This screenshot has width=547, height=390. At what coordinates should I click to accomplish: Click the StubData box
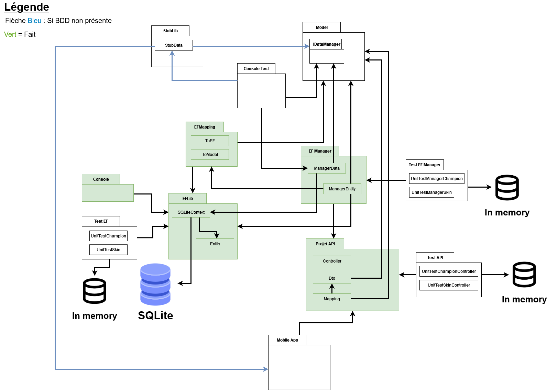point(174,45)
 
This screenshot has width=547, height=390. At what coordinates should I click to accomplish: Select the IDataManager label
point(327,44)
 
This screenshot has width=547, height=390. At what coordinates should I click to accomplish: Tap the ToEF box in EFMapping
point(210,141)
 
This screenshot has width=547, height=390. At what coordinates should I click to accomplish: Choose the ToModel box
point(210,154)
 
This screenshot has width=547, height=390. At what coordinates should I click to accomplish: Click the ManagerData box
point(327,168)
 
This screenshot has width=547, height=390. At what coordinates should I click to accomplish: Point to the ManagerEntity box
point(342,189)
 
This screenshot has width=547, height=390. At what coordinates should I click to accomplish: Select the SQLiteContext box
point(191,212)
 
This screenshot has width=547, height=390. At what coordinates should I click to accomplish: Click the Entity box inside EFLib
point(215,244)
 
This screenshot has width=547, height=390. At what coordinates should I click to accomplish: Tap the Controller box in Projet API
point(332,261)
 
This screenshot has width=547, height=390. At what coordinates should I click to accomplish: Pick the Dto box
point(332,278)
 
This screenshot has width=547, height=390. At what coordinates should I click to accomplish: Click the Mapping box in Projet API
point(332,299)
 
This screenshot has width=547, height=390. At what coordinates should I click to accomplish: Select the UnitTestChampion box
point(108,236)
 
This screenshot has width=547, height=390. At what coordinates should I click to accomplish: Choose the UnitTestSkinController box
point(449,285)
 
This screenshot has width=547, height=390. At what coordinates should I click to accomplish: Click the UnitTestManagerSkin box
point(431,192)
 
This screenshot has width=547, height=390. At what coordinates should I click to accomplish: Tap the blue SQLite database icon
point(155,284)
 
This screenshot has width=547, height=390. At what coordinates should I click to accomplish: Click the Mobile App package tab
point(287,340)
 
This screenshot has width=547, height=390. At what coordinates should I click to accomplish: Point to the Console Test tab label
point(256,69)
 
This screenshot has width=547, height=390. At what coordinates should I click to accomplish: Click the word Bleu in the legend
point(34,21)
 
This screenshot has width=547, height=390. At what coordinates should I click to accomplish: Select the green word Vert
point(10,34)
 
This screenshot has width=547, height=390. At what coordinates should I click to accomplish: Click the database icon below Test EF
point(95,291)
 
